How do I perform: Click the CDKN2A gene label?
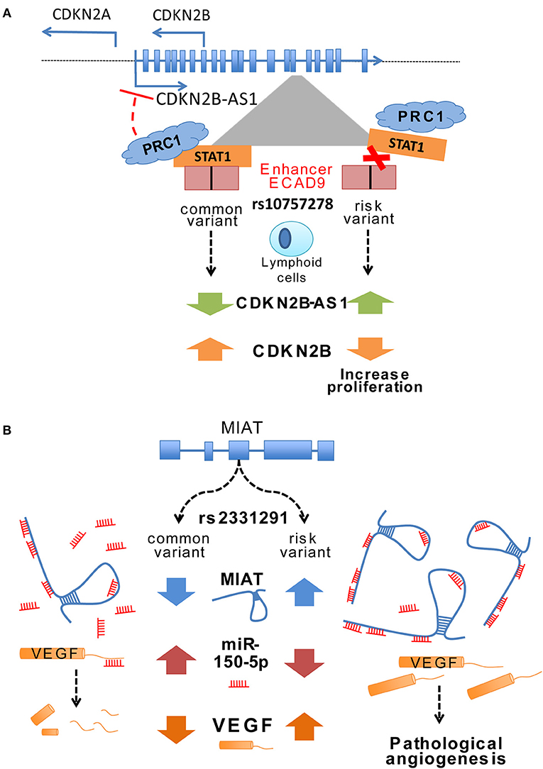click(x=78, y=14)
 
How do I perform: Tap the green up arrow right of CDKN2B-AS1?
click(x=368, y=303)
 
